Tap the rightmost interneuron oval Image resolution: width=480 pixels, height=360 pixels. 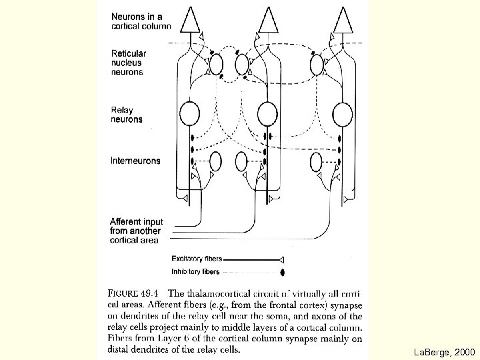tap(315, 162)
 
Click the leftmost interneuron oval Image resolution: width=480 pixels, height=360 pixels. tap(216, 162)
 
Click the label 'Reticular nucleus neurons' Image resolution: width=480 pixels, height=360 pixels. tap(129, 62)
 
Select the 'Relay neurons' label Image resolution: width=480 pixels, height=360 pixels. tap(127, 114)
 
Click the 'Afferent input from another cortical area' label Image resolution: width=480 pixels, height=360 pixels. tap(137, 231)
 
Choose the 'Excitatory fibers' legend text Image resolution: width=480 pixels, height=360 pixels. tap(197, 259)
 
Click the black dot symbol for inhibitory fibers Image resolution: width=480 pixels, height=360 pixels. tap(283, 272)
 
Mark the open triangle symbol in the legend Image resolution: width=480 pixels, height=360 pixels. tap(282, 259)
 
